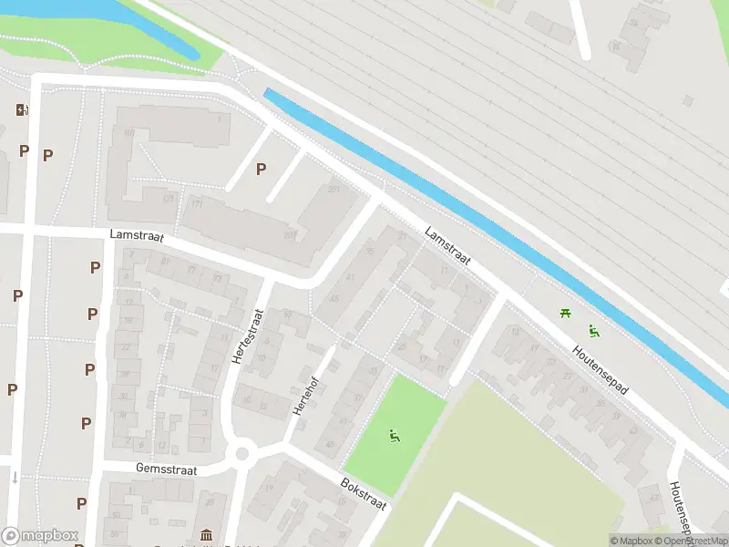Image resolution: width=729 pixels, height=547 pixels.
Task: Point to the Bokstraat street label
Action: point(364,493)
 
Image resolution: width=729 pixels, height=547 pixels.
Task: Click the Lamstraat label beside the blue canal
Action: point(447,246)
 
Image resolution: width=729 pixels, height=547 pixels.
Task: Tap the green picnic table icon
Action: point(567,314)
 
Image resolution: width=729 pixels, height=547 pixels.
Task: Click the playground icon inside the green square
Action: point(395,437)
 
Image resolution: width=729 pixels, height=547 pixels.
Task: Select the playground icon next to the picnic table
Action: point(593,331)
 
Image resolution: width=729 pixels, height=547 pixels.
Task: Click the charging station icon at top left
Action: point(21,110)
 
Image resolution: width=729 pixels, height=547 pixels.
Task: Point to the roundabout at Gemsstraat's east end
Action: point(242,453)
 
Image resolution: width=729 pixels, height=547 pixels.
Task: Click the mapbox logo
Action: point(39,536)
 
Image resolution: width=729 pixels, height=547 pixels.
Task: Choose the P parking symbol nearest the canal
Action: point(262,168)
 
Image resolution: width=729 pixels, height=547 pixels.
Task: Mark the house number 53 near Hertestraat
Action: point(288,315)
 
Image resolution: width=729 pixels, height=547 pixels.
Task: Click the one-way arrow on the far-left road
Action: point(15,477)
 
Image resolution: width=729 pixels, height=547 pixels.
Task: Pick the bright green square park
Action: point(394,425)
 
